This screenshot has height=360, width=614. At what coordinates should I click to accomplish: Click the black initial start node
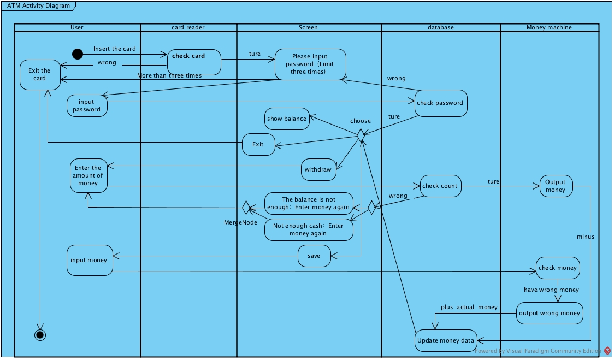coord(78,54)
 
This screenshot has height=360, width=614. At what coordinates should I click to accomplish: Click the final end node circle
coord(40,334)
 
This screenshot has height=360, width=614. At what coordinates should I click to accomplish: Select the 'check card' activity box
coord(194,62)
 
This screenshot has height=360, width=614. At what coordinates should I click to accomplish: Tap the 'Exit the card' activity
coord(39,75)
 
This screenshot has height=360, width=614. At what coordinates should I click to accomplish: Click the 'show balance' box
coord(287,119)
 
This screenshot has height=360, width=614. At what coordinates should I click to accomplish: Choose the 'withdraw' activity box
coord(318,169)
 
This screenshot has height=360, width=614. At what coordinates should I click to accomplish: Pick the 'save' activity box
coord(314,256)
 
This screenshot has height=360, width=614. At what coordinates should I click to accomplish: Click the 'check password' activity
coord(440,103)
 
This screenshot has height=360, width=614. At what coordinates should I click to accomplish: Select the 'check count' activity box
coord(440,186)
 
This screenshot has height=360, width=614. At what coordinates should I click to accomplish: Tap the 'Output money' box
coord(556,186)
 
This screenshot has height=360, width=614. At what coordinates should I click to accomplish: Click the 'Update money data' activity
coord(446,340)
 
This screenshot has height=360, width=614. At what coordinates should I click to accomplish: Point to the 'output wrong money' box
coord(550,313)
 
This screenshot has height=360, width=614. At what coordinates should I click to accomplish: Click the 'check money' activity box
coord(557,268)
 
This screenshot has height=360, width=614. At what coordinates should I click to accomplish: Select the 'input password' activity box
coord(87,105)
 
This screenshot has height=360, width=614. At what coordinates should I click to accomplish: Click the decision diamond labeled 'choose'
coord(361,135)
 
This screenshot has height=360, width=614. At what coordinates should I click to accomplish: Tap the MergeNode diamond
coord(246,208)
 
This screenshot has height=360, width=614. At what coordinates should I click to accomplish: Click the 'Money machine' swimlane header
coord(549,27)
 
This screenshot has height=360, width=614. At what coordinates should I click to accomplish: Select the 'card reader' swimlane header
coord(188,27)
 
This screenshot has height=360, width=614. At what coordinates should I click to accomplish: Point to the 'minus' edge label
coord(586,237)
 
